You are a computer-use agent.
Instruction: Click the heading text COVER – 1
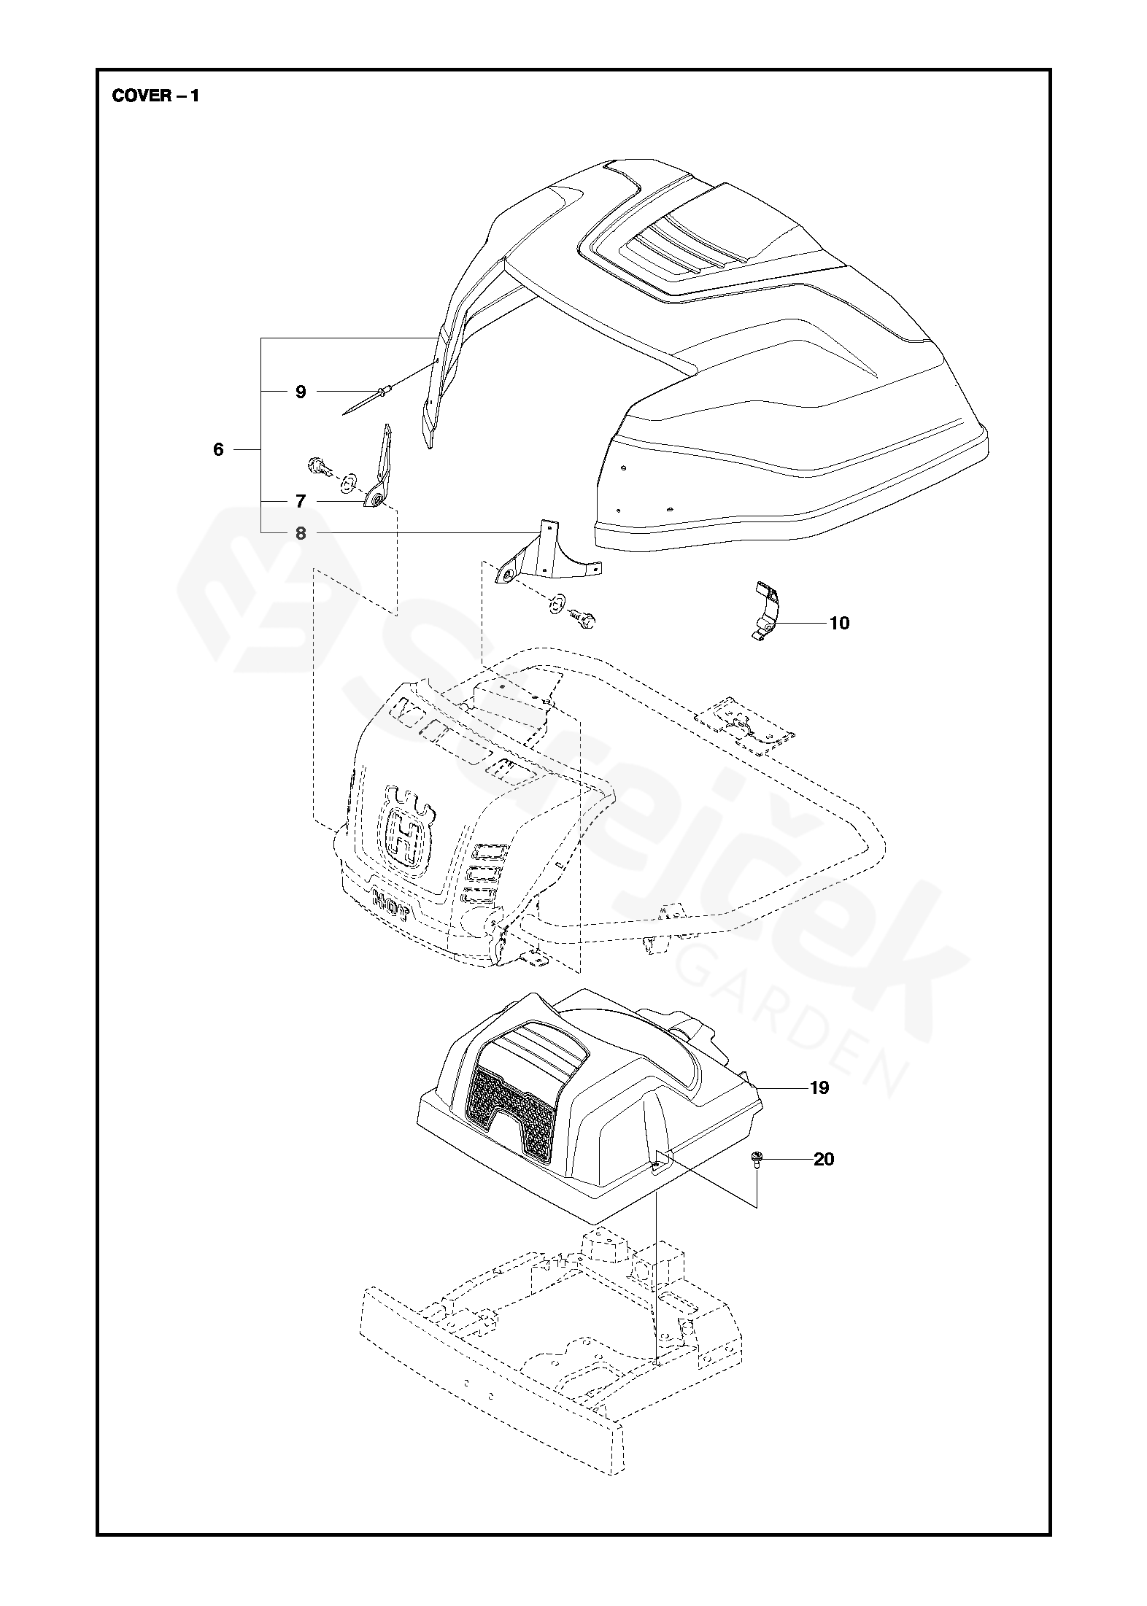pos(155,96)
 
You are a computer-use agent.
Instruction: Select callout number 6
pos(218,449)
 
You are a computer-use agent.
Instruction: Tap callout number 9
pos(301,392)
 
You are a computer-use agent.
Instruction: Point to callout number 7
pos(301,502)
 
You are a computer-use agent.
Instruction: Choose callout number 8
pos(301,534)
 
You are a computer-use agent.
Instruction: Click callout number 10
pos(840,624)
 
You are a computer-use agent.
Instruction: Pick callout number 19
pos(819,1109)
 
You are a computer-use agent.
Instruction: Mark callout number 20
pos(824,1159)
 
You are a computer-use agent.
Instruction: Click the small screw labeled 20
pos(756,1160)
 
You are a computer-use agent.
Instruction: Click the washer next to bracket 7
pos(349,480)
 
